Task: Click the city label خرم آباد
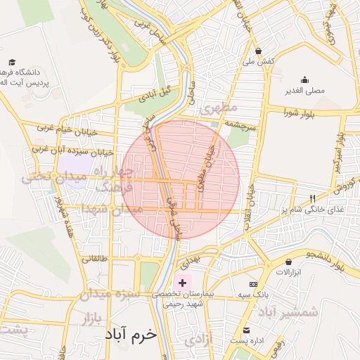[129, 334]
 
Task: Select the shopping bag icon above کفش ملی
[259, 51]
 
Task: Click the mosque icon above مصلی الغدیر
[304, 79]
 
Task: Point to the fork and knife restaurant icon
[313, 198]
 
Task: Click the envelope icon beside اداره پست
[246, 330]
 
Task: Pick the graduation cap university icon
[11, 62]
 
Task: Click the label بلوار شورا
[302, 112]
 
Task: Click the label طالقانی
[96, 258]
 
